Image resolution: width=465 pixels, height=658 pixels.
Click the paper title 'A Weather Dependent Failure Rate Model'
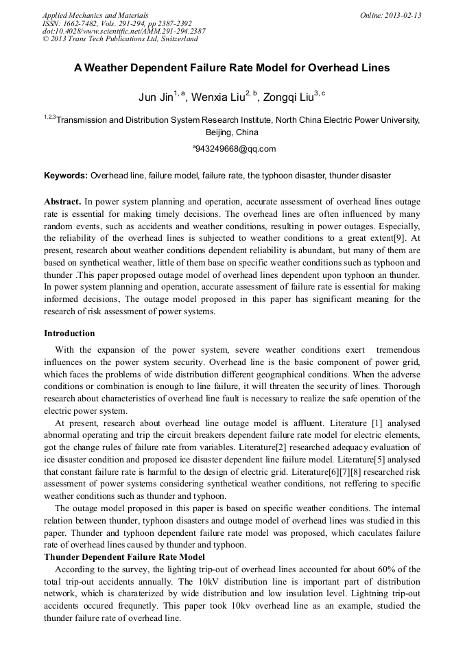[232, 68]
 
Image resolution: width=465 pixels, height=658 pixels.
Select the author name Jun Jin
[156, 97]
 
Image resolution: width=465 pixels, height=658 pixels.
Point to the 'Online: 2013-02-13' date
[391, 15]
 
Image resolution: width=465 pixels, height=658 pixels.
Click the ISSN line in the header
[117, 23]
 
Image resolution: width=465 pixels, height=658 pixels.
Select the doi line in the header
[123, 31]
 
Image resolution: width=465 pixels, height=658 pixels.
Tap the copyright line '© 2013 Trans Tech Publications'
[120, 39]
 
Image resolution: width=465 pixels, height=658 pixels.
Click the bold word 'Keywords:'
[66, 176]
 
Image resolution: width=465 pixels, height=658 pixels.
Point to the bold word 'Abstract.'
[62, 202]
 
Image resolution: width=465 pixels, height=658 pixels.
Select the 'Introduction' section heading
[69, 333]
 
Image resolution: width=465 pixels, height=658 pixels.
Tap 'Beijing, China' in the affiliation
[232, 132]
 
